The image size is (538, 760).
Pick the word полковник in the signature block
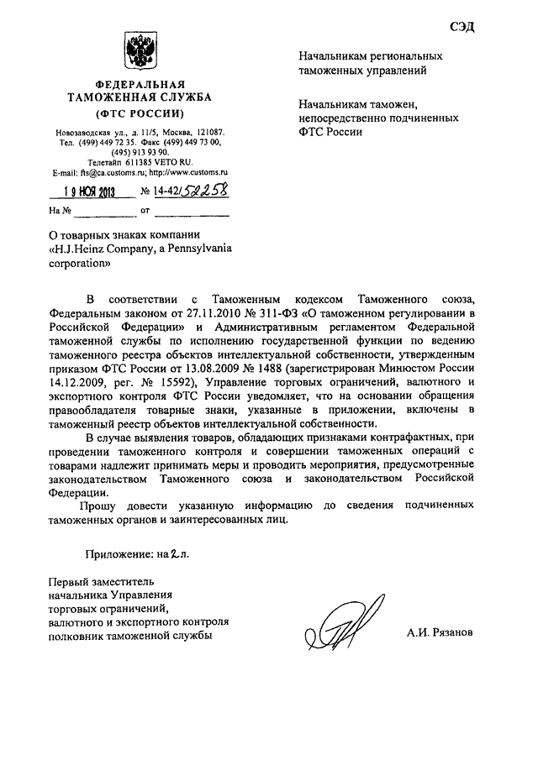[75, 636]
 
